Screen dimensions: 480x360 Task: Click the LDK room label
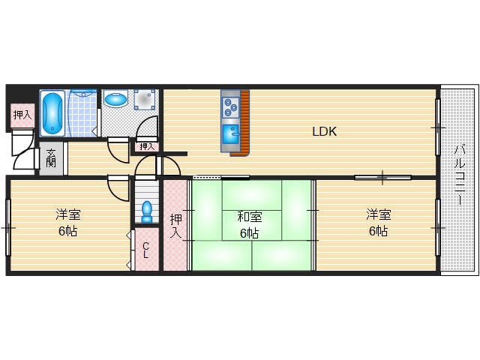pyautogui.click(x=325, y=131)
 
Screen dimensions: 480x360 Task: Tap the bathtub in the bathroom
pyautogui.click(x=52, y=112)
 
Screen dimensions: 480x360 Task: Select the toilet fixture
pyautogui.click(x=147, y=211)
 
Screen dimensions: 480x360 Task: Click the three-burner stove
pyautogui.click(x=230, y=107)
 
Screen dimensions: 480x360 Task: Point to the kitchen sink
pyautogui.click(x=230, y=134)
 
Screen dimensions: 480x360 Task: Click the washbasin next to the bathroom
pyautogui.click(x=115, y=99)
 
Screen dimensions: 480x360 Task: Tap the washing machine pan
pyautogui.click(x=145, y=100)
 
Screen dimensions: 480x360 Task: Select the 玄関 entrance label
pyautogui.click(x=51, y=158)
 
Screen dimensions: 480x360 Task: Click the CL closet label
pyautogui.click(x=146, y=250)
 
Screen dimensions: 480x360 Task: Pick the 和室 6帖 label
pyautogui.click(x=250, y=225)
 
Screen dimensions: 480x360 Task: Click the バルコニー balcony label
pyautogui.click(x=460, y=175)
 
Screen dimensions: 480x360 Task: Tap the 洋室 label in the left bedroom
pyautogui.click(x=68, y=214)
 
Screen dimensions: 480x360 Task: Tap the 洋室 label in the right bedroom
pyautogui.click(x=378, y=214)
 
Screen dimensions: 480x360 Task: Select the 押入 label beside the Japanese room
pyautogui.click(x=175, y=226)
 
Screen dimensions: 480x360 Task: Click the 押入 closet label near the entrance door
pyautogui.click(x=22, y=115)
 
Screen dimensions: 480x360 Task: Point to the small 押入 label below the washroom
pyautogui.click(x=147, y=147)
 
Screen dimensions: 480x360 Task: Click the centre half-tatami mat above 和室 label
pyautogui.click(x=252, y=195)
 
